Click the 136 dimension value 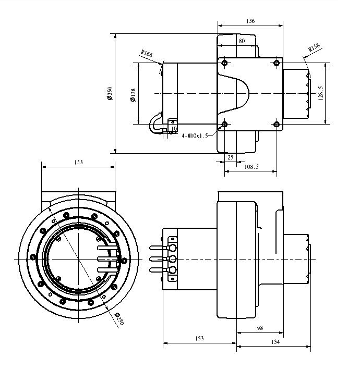(x=250, y=21)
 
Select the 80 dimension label (x=242, y=41)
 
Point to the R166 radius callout (x=146, y=53)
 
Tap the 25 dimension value (x=230, y=156)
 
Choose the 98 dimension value (x=260, y=328)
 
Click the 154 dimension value (x=275, y=342)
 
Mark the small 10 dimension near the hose (x=174, y=128)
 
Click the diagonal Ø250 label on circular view (x=119, y=318)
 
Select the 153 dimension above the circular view (x=78, y=163)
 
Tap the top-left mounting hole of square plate (x=224, y=64)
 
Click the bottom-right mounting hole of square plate (x=277, y=124)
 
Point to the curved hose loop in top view (x=155, y=123)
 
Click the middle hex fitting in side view (x=172, y=259)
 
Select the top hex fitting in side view (x=172, y=249)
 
